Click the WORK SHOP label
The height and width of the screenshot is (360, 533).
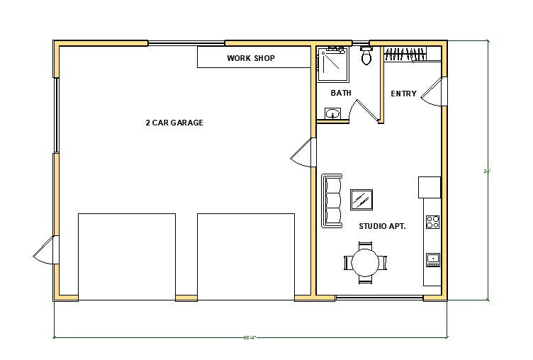click(x=251, y=58)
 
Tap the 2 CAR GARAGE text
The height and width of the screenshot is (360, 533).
click(x=174, y=123)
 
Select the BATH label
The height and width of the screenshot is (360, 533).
click(x=341, y=93)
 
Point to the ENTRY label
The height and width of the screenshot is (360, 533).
click(x=403, y=94)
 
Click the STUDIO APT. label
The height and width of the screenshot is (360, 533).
click(x=381, y=226)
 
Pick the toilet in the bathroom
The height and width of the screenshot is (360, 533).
click(x=366, y=56)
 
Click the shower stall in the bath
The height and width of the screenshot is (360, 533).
click(x=330, y=64)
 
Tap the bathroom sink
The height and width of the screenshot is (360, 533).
click(x=333, y=113)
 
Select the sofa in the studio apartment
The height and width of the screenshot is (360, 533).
click(x=332, y=201)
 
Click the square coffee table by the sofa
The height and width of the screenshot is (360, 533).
click(x=362, y=200)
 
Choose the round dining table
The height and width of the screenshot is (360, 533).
click(x=366, y=262)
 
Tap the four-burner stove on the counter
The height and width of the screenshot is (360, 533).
click(x=432, y=222)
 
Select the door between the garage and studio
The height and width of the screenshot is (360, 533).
click(x=303, y=152)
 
